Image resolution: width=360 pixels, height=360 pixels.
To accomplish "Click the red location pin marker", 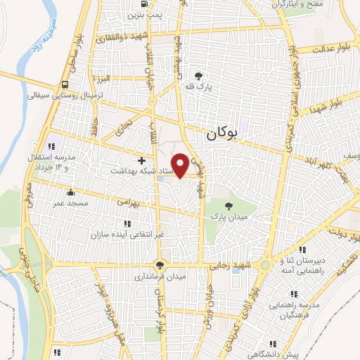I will point(181,165).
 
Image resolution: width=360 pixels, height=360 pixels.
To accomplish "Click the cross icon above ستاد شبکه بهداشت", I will point(143,160).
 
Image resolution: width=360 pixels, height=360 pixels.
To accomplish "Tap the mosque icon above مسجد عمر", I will point(69,193).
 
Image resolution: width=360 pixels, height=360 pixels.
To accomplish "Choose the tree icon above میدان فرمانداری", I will point(161,265).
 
